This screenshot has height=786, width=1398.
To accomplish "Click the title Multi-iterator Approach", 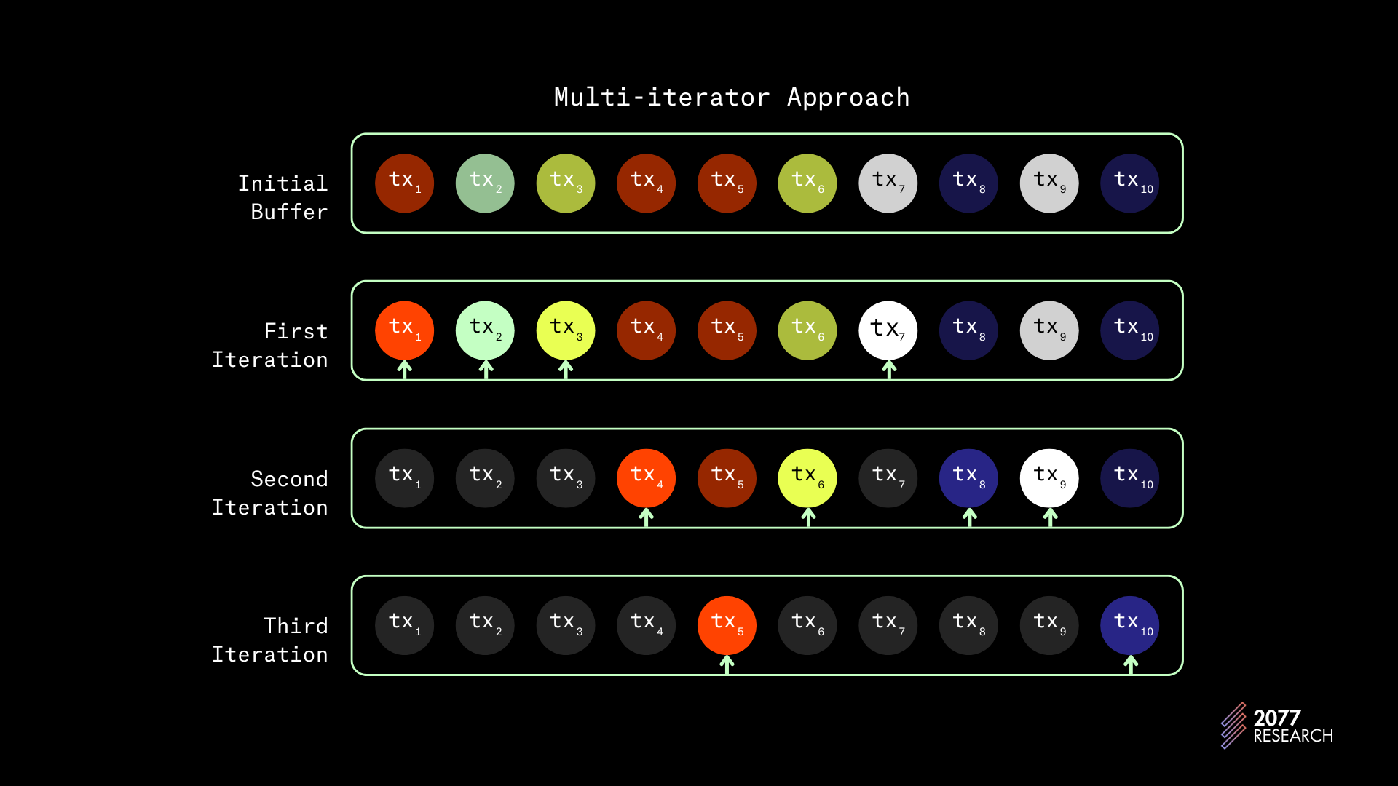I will click(x=732, y=98).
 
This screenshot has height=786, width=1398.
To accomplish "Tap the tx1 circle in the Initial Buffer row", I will click(x=404, y=183).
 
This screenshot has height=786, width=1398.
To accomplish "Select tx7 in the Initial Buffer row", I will click(x=888, y=183).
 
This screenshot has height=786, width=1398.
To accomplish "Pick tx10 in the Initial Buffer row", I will click(x=1129, y=183).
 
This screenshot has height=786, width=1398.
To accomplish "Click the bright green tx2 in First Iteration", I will click(x=485, y=330).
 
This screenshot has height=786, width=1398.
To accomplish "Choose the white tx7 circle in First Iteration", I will click(x=888, y=330).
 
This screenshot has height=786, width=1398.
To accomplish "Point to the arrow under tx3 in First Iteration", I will click(x=566, y=370).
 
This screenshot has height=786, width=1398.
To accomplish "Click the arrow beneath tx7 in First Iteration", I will click(x=889, y=370).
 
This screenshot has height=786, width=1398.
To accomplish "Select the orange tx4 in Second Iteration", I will click(x=646, y=478).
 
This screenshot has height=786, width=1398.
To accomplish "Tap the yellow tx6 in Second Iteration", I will click(x=807, y=478).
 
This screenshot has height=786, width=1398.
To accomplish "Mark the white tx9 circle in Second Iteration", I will click(x=1049, y=478).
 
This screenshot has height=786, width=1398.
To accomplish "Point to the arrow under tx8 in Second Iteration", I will click(x=969, y=517).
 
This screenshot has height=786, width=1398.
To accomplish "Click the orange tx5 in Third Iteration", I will click(x=727, y=626).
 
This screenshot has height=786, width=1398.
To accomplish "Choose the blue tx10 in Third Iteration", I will click(x=1129, y=626).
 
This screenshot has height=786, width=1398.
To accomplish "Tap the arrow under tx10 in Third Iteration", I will click(x=1131, y=664).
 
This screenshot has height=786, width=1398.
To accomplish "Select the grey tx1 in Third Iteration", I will click(x=404, y=626).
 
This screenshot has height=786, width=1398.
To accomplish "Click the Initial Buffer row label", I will click(x=283, y=197).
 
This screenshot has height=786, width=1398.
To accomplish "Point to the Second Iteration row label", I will click(x=270, y=493).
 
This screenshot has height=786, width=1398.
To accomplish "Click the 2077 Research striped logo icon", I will click(x=1233, y=725).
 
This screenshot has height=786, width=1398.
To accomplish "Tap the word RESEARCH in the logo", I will click(x=1293, y=736).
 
